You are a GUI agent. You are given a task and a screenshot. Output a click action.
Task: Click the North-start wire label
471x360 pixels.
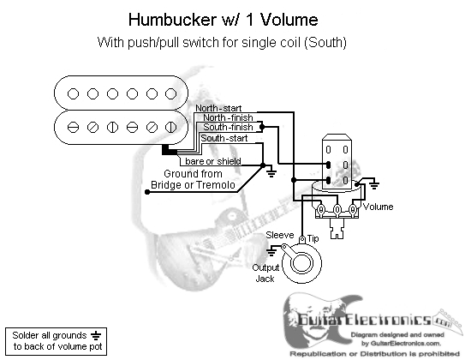tap(218, 108)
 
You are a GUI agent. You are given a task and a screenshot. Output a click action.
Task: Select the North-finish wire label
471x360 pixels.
tap(228, 117)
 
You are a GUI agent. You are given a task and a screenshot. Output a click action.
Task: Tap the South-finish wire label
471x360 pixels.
tap(228, 127)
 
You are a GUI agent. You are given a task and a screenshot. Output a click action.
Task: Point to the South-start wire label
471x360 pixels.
tap(224, 138)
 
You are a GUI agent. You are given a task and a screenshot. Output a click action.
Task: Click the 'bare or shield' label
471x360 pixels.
tap(213, 161)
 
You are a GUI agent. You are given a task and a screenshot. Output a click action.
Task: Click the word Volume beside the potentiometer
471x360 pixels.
tap(378, 207)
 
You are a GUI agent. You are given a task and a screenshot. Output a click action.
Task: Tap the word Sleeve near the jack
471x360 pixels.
tap(280, 235)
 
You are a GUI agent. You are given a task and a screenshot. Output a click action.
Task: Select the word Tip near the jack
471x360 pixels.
tap(313, 238)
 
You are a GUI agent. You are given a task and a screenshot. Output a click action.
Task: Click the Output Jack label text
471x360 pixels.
tap(265, 273)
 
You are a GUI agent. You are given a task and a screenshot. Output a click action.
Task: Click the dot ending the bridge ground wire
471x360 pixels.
tap(147, 192)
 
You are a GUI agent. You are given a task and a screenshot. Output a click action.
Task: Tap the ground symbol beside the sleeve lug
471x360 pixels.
tap(271, 251)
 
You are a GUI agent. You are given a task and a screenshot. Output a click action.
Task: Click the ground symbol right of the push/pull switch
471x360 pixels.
tap(374, 183)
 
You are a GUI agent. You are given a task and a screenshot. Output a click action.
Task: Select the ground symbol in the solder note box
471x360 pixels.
tap(96, 335)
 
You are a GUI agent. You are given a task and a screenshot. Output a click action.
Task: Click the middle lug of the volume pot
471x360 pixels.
tap(337, 209)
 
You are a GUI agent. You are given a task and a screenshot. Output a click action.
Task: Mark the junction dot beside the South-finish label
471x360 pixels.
tap(262, 127)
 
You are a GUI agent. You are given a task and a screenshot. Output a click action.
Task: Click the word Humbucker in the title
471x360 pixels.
tap(172, 20)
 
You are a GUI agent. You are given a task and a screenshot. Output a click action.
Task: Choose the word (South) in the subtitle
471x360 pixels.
tap(325, 42)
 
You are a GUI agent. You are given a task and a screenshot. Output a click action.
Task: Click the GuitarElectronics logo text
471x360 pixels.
tap(365, 320)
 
